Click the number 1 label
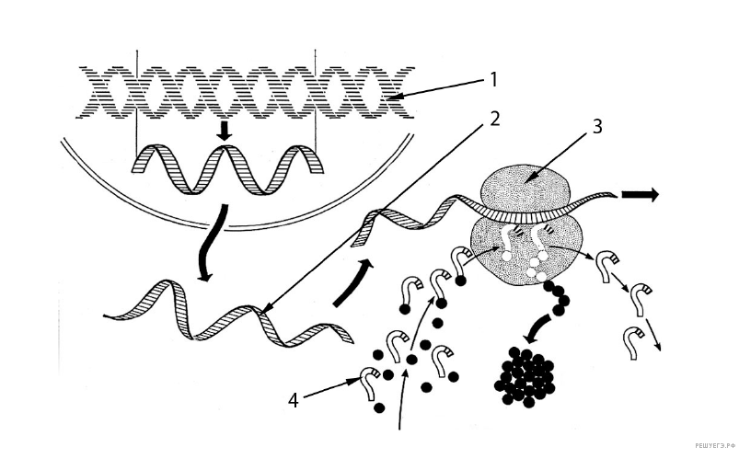tap(493, 80)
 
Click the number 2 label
tap(493, 120)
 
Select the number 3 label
tap(596, 126)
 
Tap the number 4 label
tap(294, 401)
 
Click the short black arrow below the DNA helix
tap(225, 131)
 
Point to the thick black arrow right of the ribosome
tap(640, 194)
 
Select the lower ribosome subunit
tap(527, 252)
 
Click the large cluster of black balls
tap(524, 376)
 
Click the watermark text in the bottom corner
tap(714, 444)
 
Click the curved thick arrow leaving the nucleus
tap(211, 244)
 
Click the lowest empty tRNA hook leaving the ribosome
tap(631, 341)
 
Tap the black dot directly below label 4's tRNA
tap(378, 407)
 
